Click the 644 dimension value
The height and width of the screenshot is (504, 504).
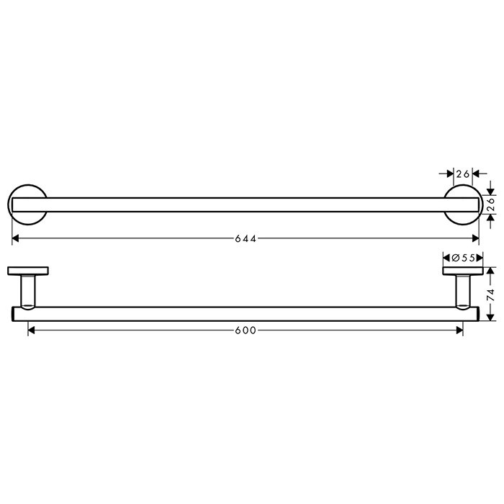click(x=246, y=238)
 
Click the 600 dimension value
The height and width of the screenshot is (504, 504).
click(x=246, y=330)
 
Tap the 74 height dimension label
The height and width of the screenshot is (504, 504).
click(x=491, y=294)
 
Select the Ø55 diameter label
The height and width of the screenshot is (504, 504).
click(x=463, y=258)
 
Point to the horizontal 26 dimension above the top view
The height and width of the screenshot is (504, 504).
click(x=463, y=174)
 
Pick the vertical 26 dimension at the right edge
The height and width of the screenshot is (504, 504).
click(x=491, y=204)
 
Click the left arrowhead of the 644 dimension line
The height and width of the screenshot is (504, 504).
click(x=15, y=238)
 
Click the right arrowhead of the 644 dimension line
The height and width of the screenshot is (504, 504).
click(x=475, y=238)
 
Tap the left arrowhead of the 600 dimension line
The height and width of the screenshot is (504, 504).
click(x=32, y=330)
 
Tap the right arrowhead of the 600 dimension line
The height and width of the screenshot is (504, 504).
click(x=459, y=330)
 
